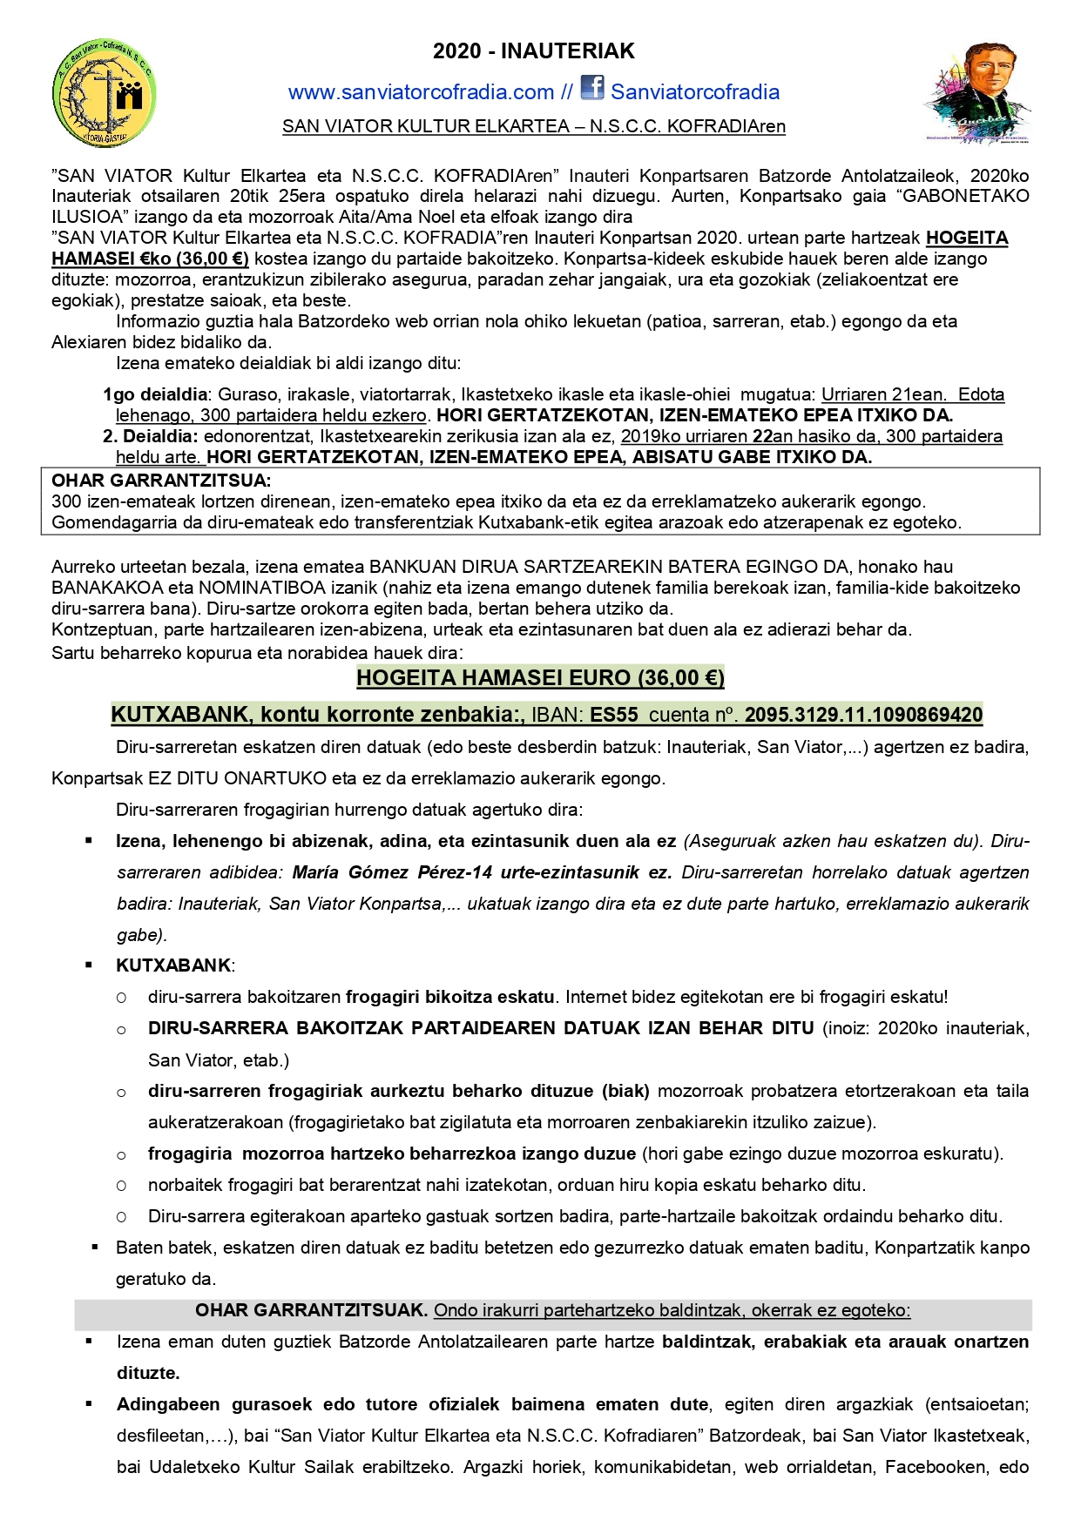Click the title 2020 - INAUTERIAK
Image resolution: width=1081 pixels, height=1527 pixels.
pos(534,51)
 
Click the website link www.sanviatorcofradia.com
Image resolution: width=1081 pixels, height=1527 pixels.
pos(421,92)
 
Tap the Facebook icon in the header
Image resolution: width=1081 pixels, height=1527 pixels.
pos(592,88)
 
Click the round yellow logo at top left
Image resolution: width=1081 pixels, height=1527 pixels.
pos(104,93)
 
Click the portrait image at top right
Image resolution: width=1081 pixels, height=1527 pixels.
pos(977,93)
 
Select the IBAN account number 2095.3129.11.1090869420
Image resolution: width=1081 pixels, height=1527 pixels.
pos(863,715)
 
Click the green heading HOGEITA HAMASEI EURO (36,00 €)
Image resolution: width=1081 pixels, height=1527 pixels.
pos(540,677)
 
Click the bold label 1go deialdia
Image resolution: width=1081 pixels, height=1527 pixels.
pos(155,394)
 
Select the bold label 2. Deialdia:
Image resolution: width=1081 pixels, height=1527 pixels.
pos(151,436)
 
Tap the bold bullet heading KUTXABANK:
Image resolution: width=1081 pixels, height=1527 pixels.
pos(175,965)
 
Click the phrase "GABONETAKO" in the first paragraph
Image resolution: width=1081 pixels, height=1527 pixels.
pos(965,196)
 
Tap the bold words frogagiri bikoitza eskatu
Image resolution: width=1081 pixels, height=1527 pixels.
pos(449,997)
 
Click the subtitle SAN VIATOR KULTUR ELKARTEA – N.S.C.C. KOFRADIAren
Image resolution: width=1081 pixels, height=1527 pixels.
pos(534,126)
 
